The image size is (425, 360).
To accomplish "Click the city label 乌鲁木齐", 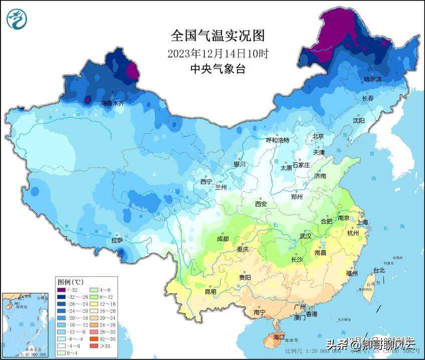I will [x=112, y=103].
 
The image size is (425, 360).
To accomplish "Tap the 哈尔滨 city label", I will [x=372, y=79].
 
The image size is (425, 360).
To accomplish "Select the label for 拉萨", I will [x=117, y=241].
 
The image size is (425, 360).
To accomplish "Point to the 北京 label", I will [x=318, y=136].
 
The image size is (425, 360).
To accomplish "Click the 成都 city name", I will [x=223, y=239].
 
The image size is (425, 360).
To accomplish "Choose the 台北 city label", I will [x=379, y=270].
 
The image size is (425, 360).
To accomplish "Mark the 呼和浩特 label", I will [x=277, y=140].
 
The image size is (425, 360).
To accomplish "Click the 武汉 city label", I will [x=305, y=236].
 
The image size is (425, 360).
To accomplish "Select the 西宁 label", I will [x=206, y=182].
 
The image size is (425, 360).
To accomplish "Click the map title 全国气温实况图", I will [x=218, y=36].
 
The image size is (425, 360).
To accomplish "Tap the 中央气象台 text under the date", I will [x=218, y=69].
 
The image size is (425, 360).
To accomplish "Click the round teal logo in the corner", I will [x=17, y=19].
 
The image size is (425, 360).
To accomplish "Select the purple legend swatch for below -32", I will [x=62, y=290].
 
